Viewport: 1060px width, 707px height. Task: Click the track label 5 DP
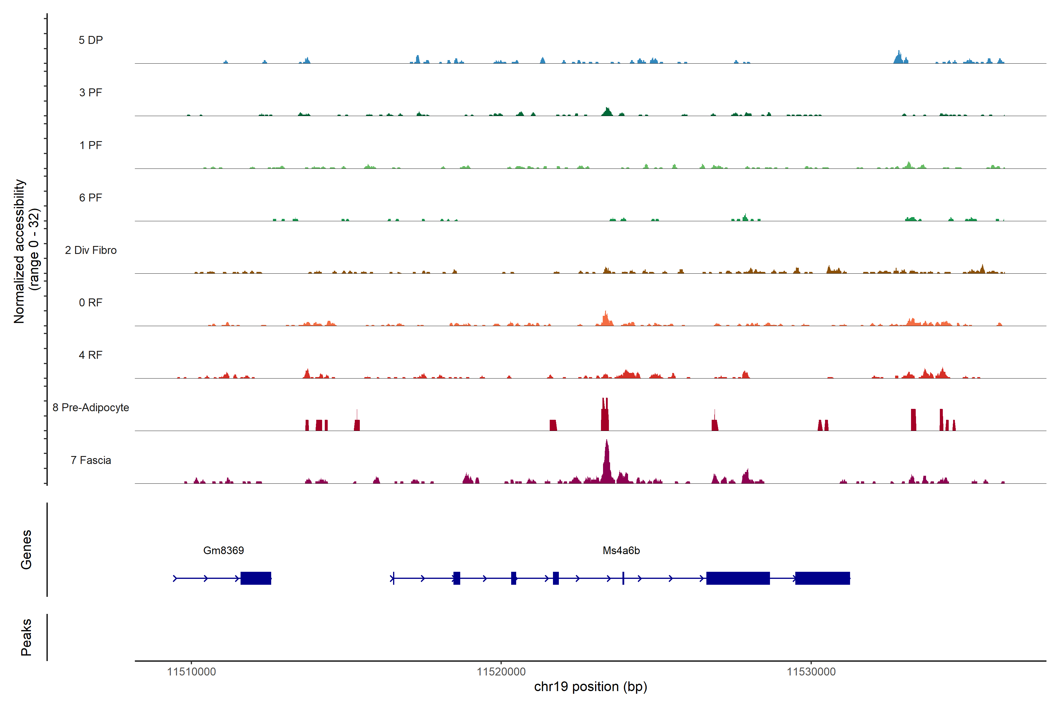(x=91, y=40)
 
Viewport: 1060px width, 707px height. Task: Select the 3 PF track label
(x=91, y=92)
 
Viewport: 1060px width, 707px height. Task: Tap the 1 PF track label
(x=91, y=145)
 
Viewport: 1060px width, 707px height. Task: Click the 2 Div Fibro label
(x=91, y=250)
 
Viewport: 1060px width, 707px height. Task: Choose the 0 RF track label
(x=91, y=303)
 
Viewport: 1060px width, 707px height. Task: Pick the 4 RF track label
(x=91, y=355)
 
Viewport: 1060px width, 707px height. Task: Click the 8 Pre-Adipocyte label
(x=91, y=408)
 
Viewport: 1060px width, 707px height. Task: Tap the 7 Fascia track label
(x=91, y=460)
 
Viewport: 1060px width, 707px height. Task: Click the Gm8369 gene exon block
(x=256, y=578)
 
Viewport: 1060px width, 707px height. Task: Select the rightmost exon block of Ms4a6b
(x=822, y=578)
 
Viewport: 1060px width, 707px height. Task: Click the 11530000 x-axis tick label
(x=811, y=672)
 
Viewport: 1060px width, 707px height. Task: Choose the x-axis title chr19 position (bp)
(x=590, y=687)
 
